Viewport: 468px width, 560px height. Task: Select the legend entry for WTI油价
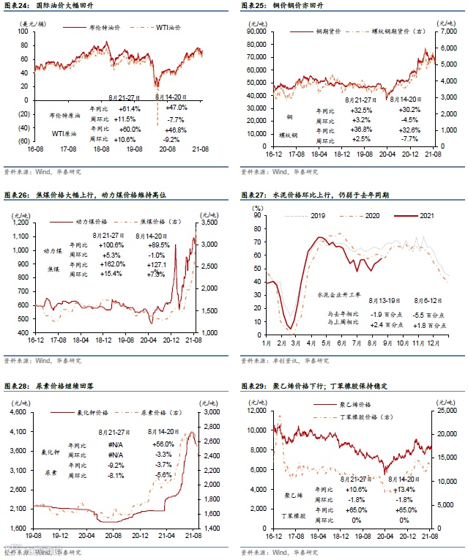[x=168, y=27]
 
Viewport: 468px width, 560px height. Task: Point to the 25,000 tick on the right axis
[x=447, y=412]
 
